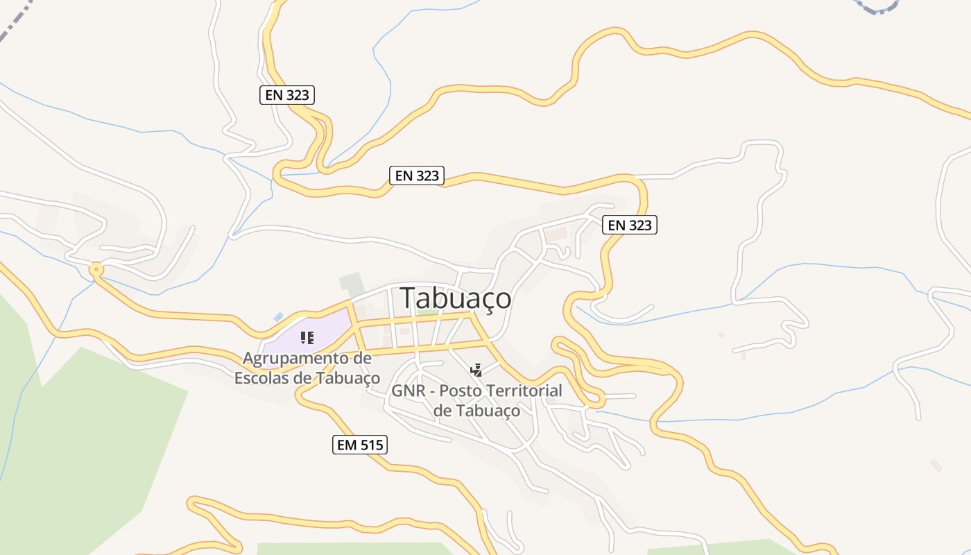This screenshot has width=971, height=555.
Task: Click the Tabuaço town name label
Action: [456, 298]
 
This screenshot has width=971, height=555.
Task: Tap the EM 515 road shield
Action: [359, 445]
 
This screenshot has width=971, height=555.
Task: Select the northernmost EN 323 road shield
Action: [287, 95]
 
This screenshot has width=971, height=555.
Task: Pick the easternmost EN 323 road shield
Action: [629, 225]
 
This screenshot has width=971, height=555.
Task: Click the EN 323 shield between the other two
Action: [417, 176]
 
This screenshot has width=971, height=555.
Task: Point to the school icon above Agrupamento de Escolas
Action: [307, 338]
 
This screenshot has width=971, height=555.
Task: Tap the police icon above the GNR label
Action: [476, 370]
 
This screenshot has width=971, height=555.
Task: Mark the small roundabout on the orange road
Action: [96, 269]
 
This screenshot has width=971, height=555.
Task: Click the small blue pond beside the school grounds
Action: [278, 317]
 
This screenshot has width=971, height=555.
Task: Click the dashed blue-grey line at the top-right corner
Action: [877, 8]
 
